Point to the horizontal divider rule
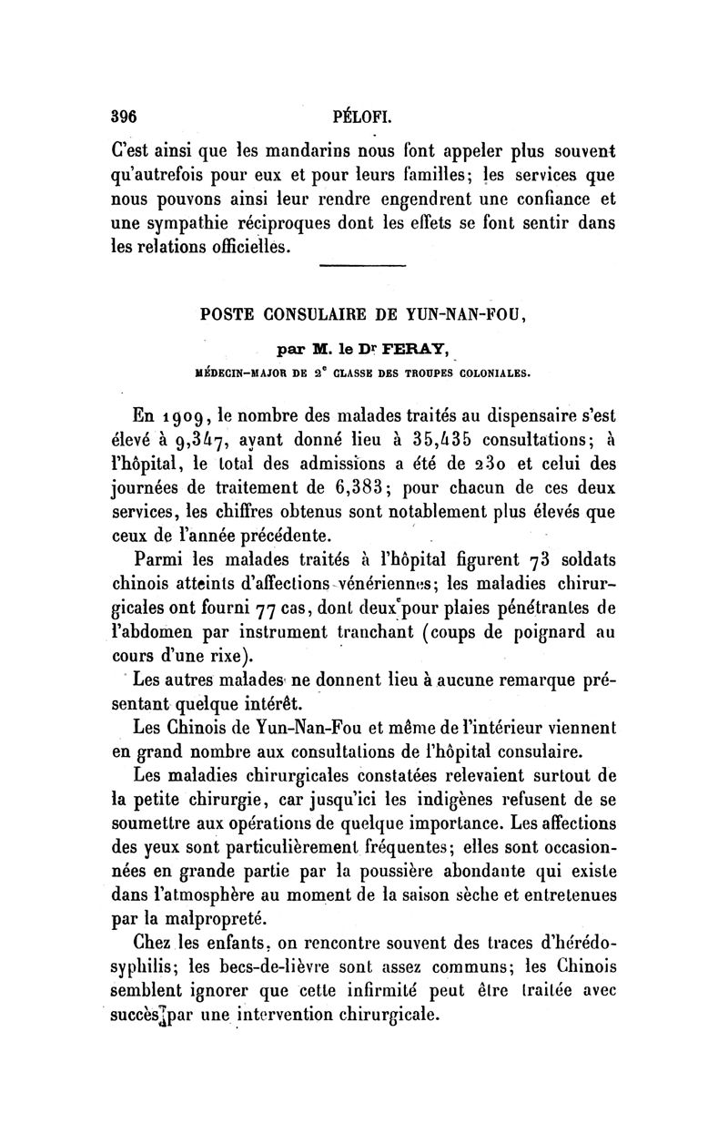pyautogui.click(x=363, y=266)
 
